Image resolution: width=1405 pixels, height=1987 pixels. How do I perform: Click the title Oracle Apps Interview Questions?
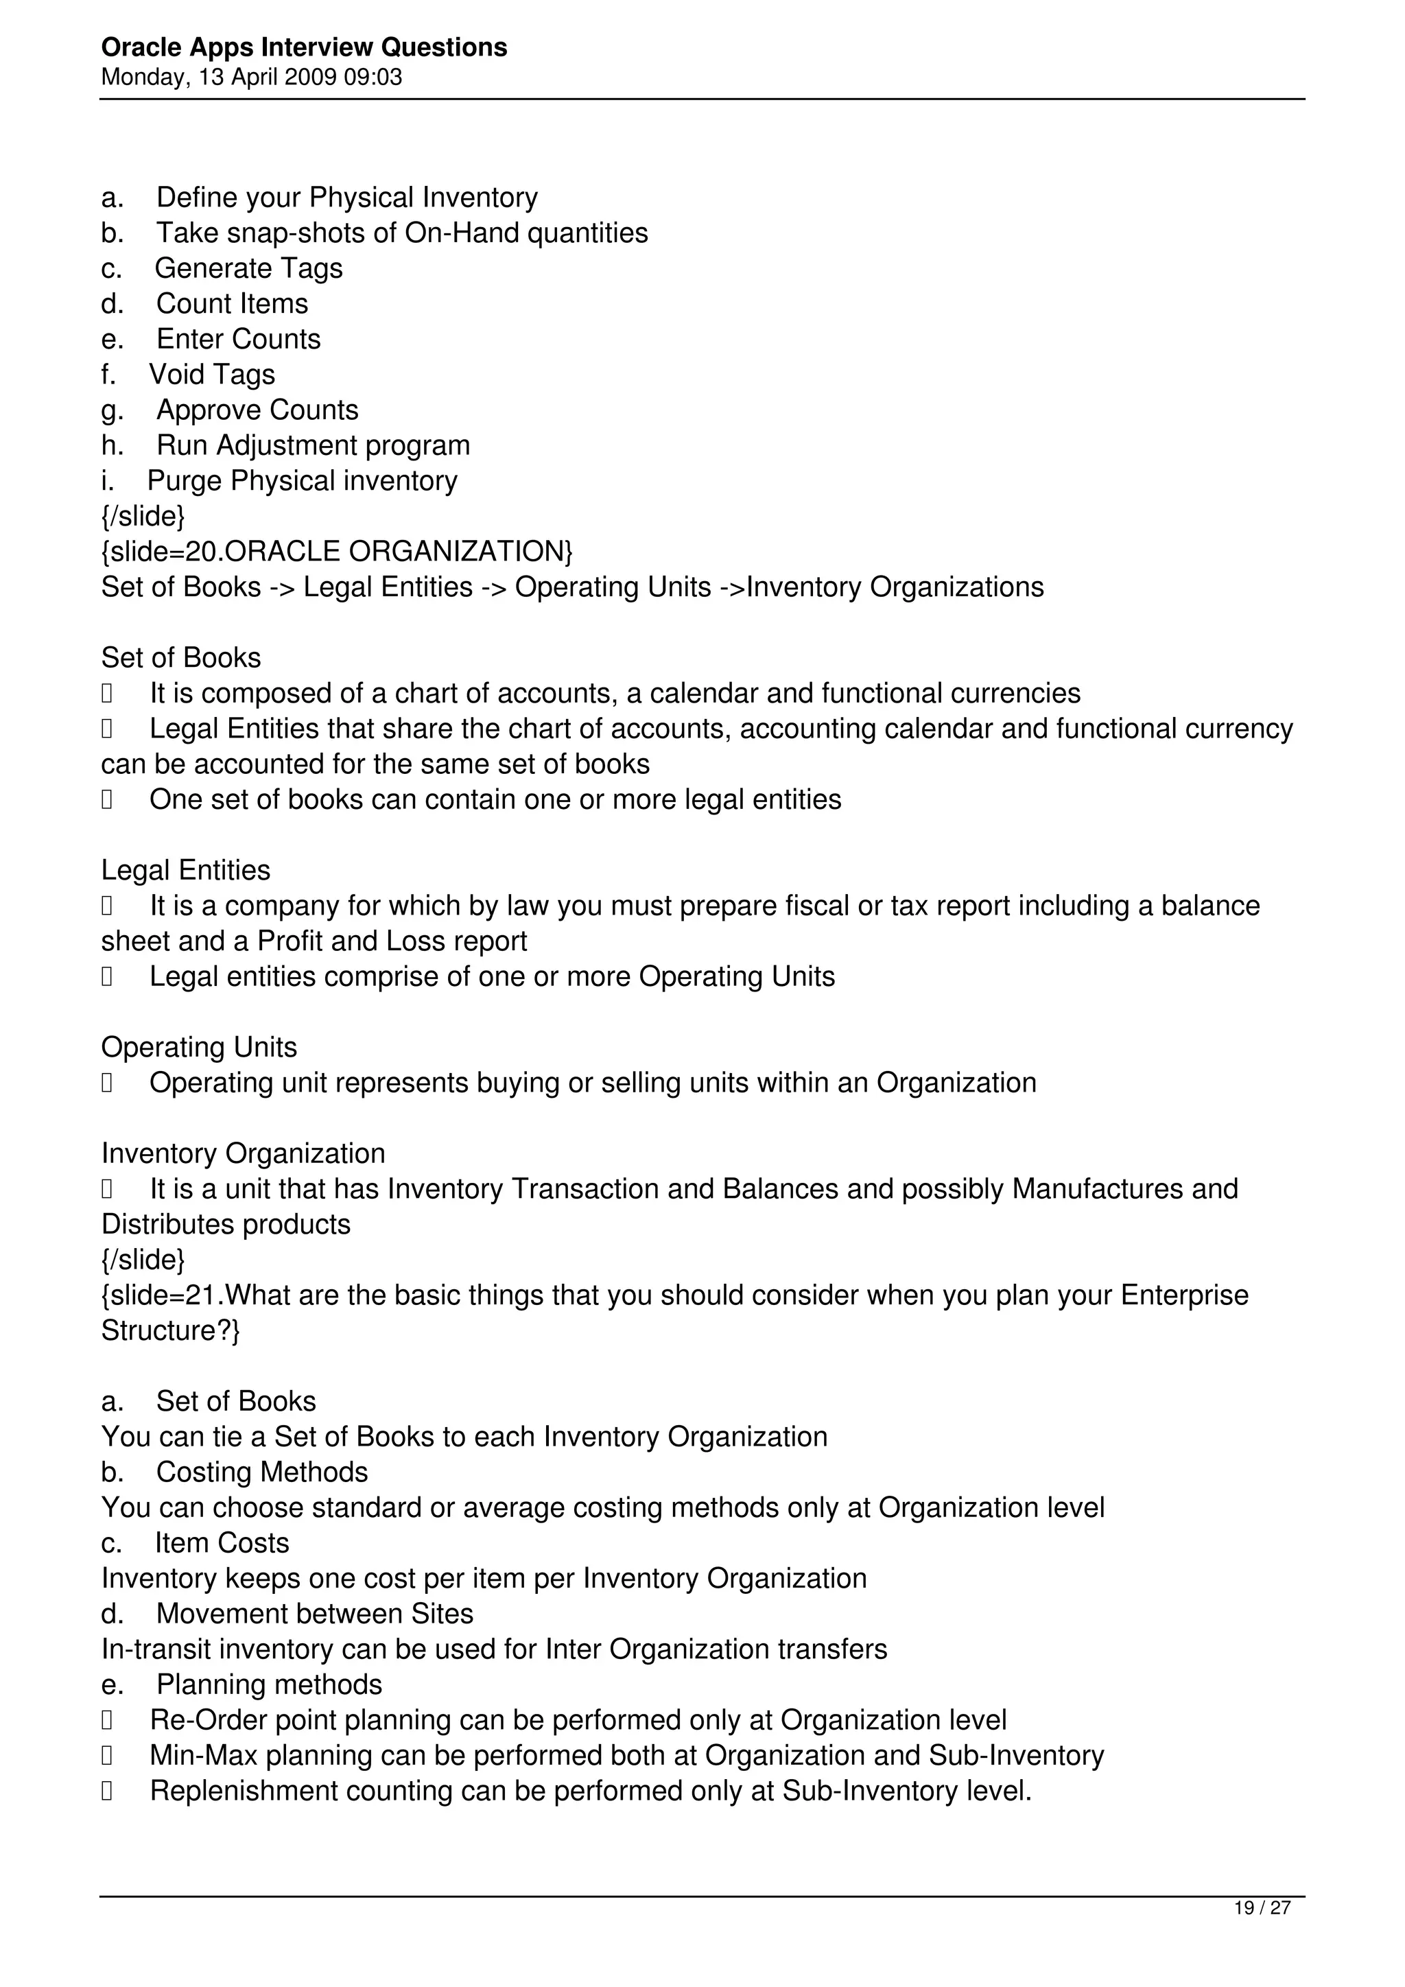pyautogui.click(x=304, y=47)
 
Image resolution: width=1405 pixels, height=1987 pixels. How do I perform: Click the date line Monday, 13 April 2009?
pyautogui.click(x=251, y=78)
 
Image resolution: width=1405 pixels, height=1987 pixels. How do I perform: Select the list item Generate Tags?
pyautogui.click(x=248, y=268)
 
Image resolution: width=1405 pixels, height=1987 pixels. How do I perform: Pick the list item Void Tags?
pyautogui.click(x=212, y=375)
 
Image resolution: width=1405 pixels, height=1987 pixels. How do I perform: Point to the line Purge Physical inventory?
pyautogui.click(x=302, y=481)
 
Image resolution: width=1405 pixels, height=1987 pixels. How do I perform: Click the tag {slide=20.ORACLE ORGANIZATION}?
pyautogui.click(x=337, y=551)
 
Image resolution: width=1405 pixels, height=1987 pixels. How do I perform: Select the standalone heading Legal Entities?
pyautogui.click(x=185, y=870)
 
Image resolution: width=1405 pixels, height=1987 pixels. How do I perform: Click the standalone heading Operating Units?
pyautogui.click(x=199, y=1047)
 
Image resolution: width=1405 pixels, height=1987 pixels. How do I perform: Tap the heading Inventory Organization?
pyautogui.click(x=243, y=1153)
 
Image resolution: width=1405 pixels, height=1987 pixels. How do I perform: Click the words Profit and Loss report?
pyautogui.click(x=392, y=941)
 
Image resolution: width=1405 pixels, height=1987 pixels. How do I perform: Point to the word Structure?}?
pyautogui.click(x=170, y=1330)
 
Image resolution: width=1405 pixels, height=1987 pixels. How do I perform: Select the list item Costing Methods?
pyautogui.click(x=261, y=1472)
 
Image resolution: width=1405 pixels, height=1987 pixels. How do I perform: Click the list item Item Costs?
pyautogui.click(x=222, y=1543)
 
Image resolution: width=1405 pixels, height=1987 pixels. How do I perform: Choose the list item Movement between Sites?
pyautogui.click(x=314, y=1614)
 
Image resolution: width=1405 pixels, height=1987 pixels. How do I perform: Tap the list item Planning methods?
pyautogui.click(x=269, y=1684)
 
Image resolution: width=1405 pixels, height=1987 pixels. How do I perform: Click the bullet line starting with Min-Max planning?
pyautogui.click(x=626, y=1755)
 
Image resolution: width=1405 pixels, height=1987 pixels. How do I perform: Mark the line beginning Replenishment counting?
pyautogui.click(x=590, y=1791)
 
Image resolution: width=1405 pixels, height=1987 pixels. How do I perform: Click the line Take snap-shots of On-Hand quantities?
pyautogui.click(x=401, y=233)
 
